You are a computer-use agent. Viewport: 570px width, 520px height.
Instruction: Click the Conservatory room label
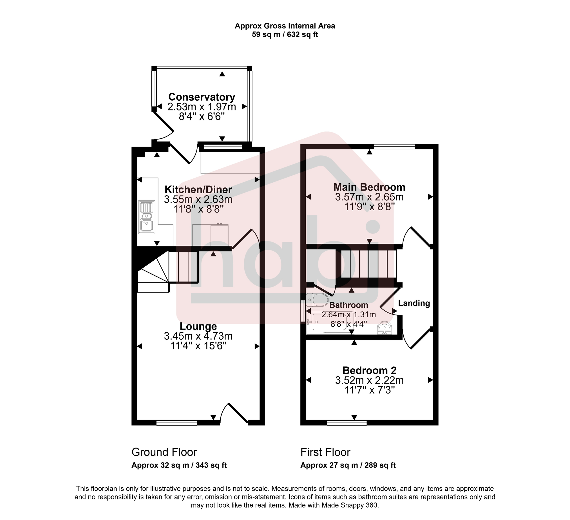click(202, 97)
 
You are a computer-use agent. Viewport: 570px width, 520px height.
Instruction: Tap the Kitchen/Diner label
click(198, 189)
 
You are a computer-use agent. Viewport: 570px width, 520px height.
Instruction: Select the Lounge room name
click(198, 326)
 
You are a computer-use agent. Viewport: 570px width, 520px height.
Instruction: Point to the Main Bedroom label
click(369, 187)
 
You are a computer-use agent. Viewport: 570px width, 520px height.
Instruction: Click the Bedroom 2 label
click(369, 371)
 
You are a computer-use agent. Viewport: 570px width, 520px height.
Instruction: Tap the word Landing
click(414, 304)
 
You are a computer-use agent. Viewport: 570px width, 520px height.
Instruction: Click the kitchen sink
click(146, 217)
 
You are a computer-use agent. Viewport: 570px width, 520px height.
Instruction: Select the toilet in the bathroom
click(318, 300)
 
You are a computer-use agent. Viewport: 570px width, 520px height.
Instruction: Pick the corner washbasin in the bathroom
click(385, 328)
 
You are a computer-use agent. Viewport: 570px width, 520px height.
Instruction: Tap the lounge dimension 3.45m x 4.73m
click(198, 336)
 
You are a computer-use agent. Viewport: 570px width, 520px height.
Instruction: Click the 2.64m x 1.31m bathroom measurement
click(349, 315)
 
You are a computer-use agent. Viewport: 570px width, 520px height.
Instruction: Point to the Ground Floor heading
click(164, 452)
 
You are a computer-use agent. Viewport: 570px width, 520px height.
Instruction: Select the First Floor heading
click(325, 452)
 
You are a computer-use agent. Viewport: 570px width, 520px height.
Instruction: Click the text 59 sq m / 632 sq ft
click(285, 35)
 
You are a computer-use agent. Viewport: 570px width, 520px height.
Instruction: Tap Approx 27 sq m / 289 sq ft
click(348, 465)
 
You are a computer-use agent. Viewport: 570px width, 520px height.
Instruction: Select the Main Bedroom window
click(394, 147)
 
